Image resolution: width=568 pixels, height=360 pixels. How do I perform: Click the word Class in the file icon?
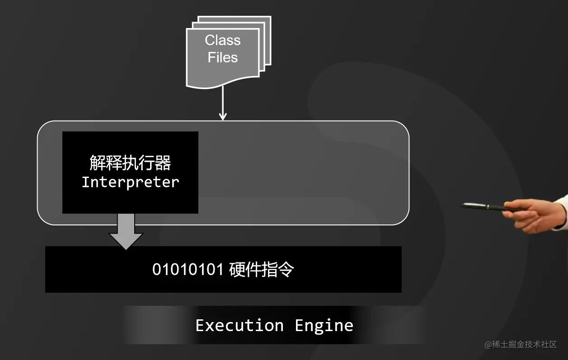[222, 40]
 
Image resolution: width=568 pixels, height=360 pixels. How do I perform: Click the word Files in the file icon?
[222, 57]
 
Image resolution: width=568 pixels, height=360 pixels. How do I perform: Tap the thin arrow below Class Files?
[222, 102]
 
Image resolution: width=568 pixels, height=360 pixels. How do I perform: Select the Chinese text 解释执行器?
[130, 163]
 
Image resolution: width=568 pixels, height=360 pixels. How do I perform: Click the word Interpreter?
[130, 182]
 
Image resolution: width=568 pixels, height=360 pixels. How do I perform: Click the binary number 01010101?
[188, 270]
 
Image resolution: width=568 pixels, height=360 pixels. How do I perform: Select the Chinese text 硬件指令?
[262, 270]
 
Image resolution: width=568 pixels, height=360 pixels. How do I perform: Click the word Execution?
[239, 325]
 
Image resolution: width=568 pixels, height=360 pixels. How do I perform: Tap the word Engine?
[324, 325]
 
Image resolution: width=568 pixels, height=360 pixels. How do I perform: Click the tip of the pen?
[463, 206]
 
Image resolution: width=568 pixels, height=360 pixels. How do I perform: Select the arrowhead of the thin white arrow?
[222, 117]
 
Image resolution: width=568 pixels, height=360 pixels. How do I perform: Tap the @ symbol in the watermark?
[488, 345]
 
